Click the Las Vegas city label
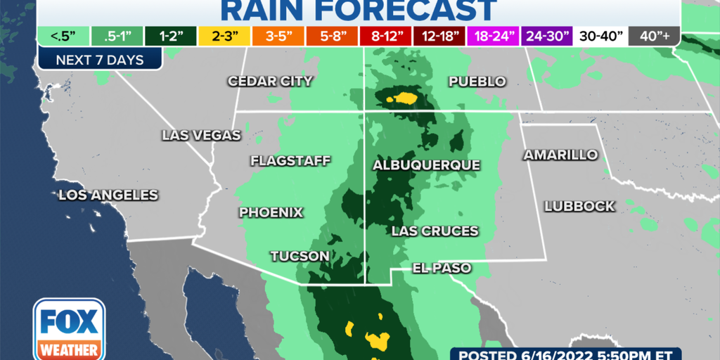pos(201,135)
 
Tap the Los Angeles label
pos(108,195)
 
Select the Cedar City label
pos(270,82)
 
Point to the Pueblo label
pos(477,82)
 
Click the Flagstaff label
pos(290,161)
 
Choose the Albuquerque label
pos(426,165)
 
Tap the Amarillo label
pos(560,155)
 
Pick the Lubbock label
pos(580,207)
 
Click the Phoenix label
pos(271,212)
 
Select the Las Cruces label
pos(435,231)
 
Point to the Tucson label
pos(300,256)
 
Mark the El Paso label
pos(442,268)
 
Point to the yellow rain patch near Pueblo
pos(404,98)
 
